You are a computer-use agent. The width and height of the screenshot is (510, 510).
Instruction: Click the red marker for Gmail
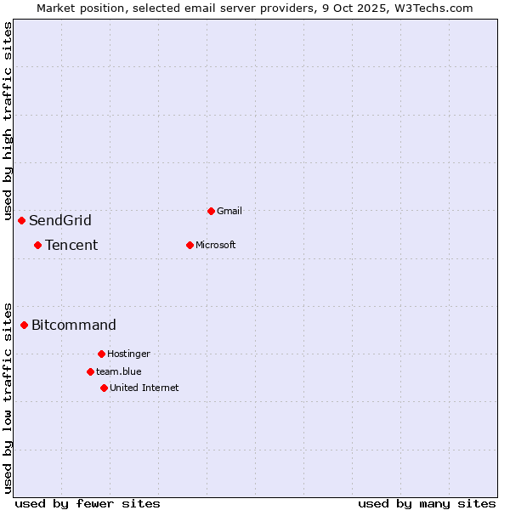click(x=211, y=211)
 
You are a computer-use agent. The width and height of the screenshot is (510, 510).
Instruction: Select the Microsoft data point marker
click(x=190, y=245)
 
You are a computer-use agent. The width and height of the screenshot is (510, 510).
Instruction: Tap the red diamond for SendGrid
click(x=21, y=220)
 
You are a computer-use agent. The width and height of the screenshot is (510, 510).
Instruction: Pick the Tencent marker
click(x=37, y=245)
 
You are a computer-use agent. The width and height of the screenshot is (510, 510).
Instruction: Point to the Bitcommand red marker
click(x=24, y=325)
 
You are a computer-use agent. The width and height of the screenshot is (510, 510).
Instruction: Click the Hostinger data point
click(x=101, y=354)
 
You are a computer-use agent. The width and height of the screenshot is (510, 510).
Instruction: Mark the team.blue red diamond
click(x=90, y=371)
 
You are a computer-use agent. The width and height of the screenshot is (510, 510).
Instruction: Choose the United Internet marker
click(x=104, y=388)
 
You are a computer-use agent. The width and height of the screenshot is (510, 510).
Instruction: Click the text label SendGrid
click(x=60, y=221)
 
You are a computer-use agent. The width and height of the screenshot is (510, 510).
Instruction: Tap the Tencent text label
click(x=71, y=246)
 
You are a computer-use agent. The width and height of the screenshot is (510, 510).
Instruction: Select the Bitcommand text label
click(x=74, y=326)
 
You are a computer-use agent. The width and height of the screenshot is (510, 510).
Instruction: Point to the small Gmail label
click(x=229, y=211)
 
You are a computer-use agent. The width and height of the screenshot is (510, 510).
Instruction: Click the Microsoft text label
click(x=215, y=245)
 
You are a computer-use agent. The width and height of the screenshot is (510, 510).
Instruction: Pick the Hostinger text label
click(x=128, y=354)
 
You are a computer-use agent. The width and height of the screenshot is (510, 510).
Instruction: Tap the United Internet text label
click(x=144, y=388)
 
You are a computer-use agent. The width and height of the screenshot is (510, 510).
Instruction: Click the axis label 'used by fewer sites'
click(x=88, y=503)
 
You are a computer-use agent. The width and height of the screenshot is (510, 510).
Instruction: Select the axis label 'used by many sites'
click(x=427, y=503)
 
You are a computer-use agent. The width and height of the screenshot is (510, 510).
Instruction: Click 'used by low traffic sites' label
click(x=8, y=397)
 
